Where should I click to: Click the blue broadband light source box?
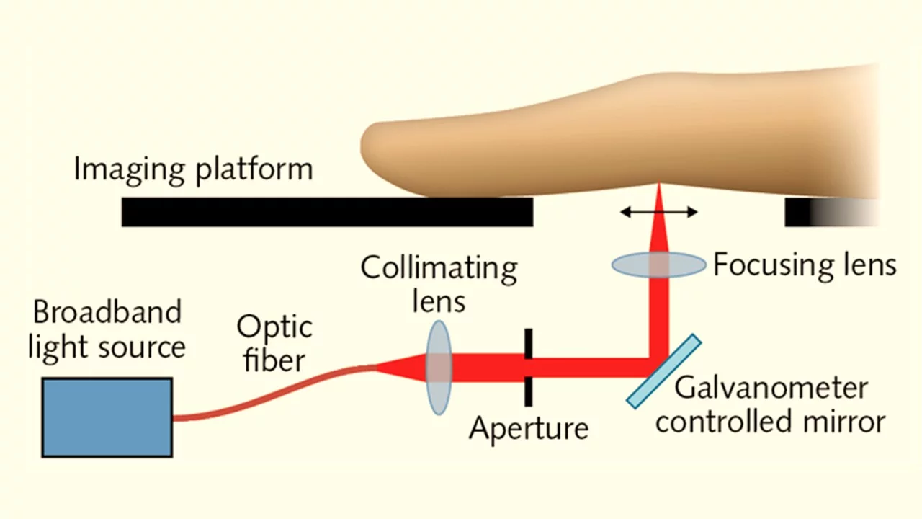[107, 417]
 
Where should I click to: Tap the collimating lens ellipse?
[439, 368]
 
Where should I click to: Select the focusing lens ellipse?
[658, 265]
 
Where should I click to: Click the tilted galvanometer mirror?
[663, 371]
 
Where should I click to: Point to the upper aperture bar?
[529, 344]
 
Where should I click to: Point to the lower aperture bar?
[529, 391]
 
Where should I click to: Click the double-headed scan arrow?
[658, 212]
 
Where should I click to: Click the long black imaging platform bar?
[327, 212]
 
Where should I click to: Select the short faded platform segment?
[831, 212]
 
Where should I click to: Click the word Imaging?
[129, 169]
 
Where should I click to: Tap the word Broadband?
[107, 312]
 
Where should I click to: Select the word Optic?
[274, 327]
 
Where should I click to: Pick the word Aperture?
[529, 429]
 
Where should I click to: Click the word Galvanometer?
[771, 388]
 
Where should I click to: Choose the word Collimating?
[439, 269]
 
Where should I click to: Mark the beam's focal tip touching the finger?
[659, 184]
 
